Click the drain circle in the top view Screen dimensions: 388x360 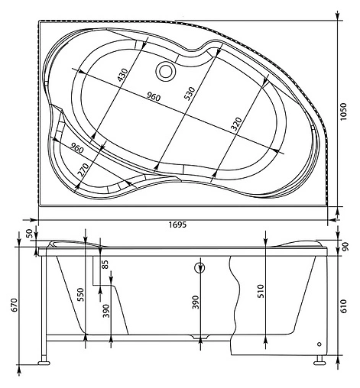pos(164,72)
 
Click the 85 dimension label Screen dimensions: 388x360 pos(105,267)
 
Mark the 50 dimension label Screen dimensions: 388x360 pos(30,234)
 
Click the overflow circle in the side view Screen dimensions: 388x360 pos(200,268)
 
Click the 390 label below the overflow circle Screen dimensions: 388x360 pos(195,303)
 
